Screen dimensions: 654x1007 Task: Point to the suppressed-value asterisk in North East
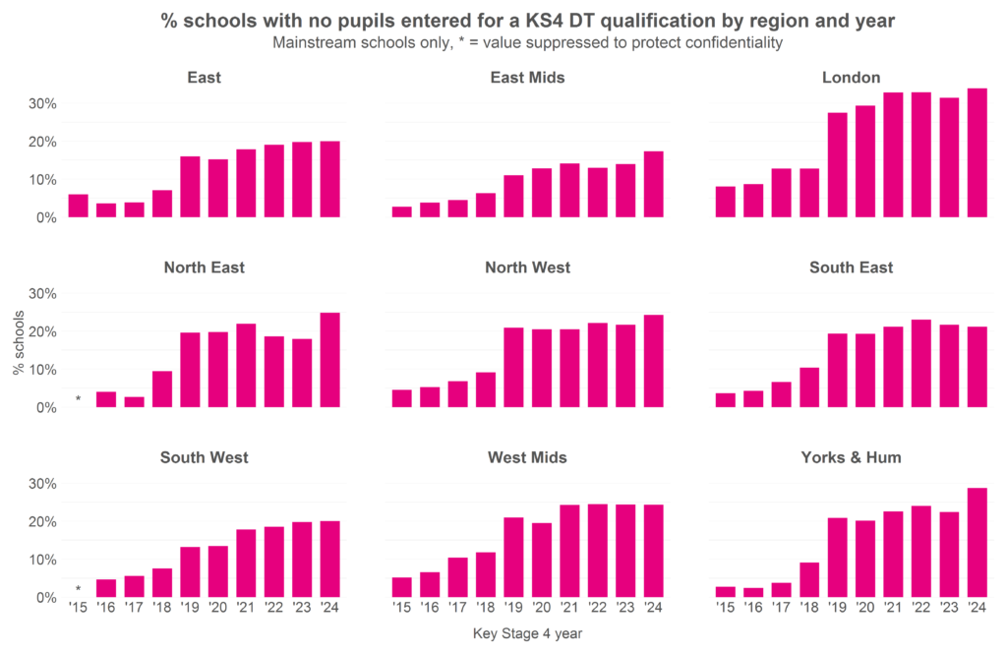pyautogui.click(x=78, y=399)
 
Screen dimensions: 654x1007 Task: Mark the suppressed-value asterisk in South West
pyautogui.click(x=78, y=590)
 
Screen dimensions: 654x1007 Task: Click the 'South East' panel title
pyautogui.click(x=851, y=268)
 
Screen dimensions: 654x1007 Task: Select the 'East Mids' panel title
pyautogui.click(x=527, y=78)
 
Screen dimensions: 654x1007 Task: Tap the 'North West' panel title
pyautogui.click(x=527, y=268)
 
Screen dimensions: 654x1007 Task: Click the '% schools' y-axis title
pyautogui.click(x=18, y=349)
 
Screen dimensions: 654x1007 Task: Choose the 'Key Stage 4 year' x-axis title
pyautogui.click(x=527, y=634)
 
